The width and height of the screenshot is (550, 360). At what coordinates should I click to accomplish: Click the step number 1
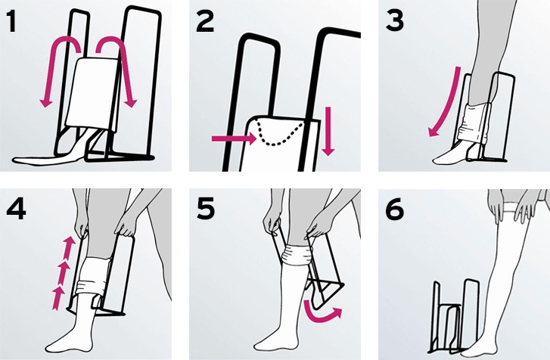pyautogui.click(x=12, y=21)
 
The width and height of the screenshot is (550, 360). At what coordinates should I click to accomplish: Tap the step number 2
pyautogui.click(x=205, y=21)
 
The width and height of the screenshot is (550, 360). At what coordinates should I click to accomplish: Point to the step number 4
pyautogui.click(x=16, y=209)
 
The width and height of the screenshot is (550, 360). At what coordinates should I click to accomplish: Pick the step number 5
pyautogui.click(x=206, y=209)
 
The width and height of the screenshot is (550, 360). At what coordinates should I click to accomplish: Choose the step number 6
pyautogui.click(x=395, y=209)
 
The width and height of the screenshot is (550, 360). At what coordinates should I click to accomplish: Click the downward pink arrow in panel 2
pyautogui.click(x=328, y=132)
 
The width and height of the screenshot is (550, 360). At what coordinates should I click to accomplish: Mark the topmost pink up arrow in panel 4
pyautogui.click(x=70, y=246)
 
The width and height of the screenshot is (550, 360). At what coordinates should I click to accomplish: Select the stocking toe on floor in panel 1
pyautogui.click(x=45, y=160)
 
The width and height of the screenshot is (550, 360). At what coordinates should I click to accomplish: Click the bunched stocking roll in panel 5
pyautogui.click(x=297, y=254)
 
